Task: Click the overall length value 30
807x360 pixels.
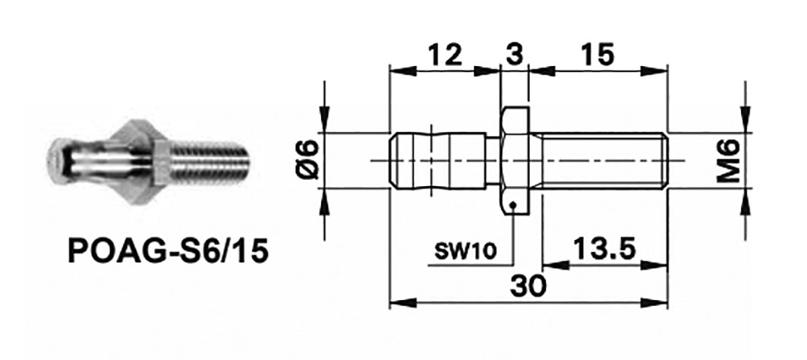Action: click(x=528, y=286)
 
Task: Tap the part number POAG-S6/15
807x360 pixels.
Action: click(x=168, y=251)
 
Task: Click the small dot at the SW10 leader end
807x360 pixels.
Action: click(x=515, y=204)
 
